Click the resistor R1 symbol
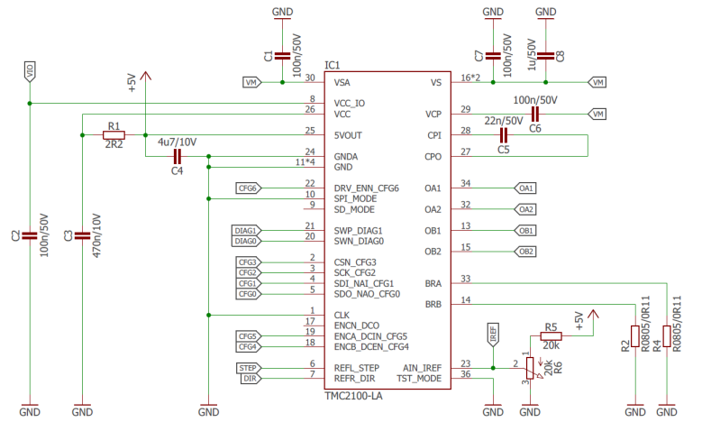pyautogui.click(x=113, y=135)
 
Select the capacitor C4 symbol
pyautogui.click(x=177, y=156)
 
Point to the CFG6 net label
pyautogui.click(x=248, y=188)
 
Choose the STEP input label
pyautogui.click(x=250, y=368)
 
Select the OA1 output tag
pyautogui.click(x=525, y=188)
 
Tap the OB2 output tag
pyautogui.click(x=525, y=251)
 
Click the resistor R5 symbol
pyautogui.click(x=551, y=336)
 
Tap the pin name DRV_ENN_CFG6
pyautogui.click(x=366, y=188)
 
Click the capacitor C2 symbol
pyautogui.click(x=30, y=235)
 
